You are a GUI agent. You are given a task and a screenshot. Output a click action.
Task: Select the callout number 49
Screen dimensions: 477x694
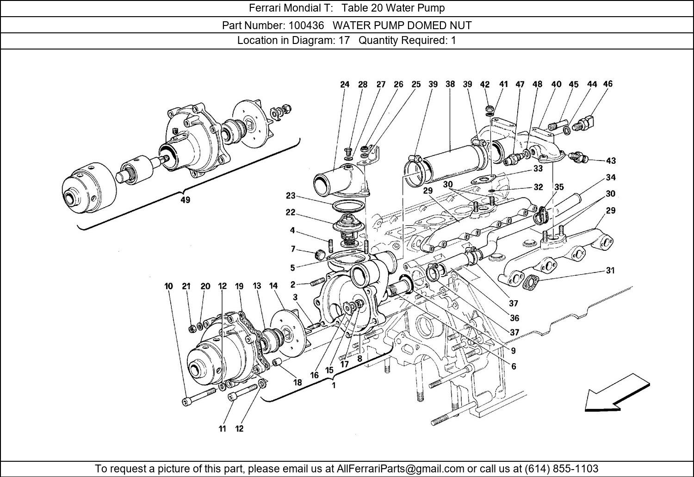pyautogui.click(x=185, y=200)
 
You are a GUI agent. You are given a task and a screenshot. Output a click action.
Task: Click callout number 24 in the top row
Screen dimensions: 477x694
pyautogui.click(x=345, y=84)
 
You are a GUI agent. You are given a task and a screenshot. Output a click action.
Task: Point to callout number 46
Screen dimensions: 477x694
pyautogui.click(x=608, y=84)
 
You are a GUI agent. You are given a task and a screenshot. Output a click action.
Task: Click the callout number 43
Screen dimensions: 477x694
pyautogui.click(x=611, y=161)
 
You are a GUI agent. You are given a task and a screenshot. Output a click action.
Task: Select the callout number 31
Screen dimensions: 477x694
pyautogui.click(x=610, y=270)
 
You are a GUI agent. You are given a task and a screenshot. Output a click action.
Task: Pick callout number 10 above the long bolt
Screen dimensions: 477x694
pyautogui.click(x=168, y=286)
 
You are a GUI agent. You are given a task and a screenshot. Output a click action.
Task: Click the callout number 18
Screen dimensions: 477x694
pyautogui.click(x=297, y=382)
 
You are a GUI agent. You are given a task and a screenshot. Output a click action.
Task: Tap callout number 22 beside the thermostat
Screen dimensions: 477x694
pyautogui.click(x=290, y=212)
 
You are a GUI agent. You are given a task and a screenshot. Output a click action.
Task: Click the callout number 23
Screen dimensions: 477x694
pyautogui.click(x=290, y=196)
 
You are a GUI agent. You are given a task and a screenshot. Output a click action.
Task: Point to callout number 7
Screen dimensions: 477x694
pyautogui.click(x=293, y=249)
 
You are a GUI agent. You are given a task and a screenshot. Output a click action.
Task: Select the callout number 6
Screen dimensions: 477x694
pyautogui.click(x=514, y=366)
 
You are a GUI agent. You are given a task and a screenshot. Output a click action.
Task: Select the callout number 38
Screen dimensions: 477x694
pyautogui.click(x=450, y=84)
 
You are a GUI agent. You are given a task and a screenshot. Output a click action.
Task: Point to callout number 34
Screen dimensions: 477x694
pyautogui.click(x=610, y=177)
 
